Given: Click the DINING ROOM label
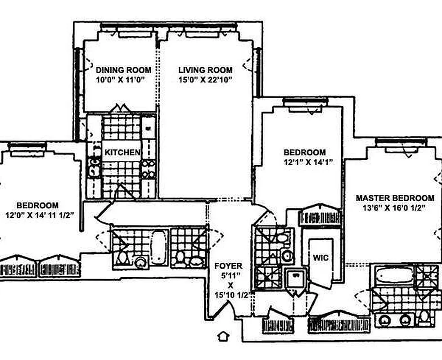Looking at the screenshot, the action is (x=123, y=70).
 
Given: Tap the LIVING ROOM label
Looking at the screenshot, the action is (x=206, y=70).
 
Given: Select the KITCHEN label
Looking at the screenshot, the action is (x=122, y=153).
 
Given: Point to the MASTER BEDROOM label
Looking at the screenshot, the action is (x=395, y=198).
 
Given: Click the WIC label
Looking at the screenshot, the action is (x=320, y=258).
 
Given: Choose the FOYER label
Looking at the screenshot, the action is (x=228, y=266).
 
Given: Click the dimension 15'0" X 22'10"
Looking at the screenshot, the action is (x=206, y=80).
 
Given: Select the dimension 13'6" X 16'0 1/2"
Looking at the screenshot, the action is (x=394, y=208).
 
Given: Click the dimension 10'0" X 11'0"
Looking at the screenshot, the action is (x=120, y=80).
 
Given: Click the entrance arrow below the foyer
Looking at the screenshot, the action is (x=224, y=336).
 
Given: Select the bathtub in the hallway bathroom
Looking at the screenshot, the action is (x=159, y=247).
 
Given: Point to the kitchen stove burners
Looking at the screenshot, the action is (x=149, y=169).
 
